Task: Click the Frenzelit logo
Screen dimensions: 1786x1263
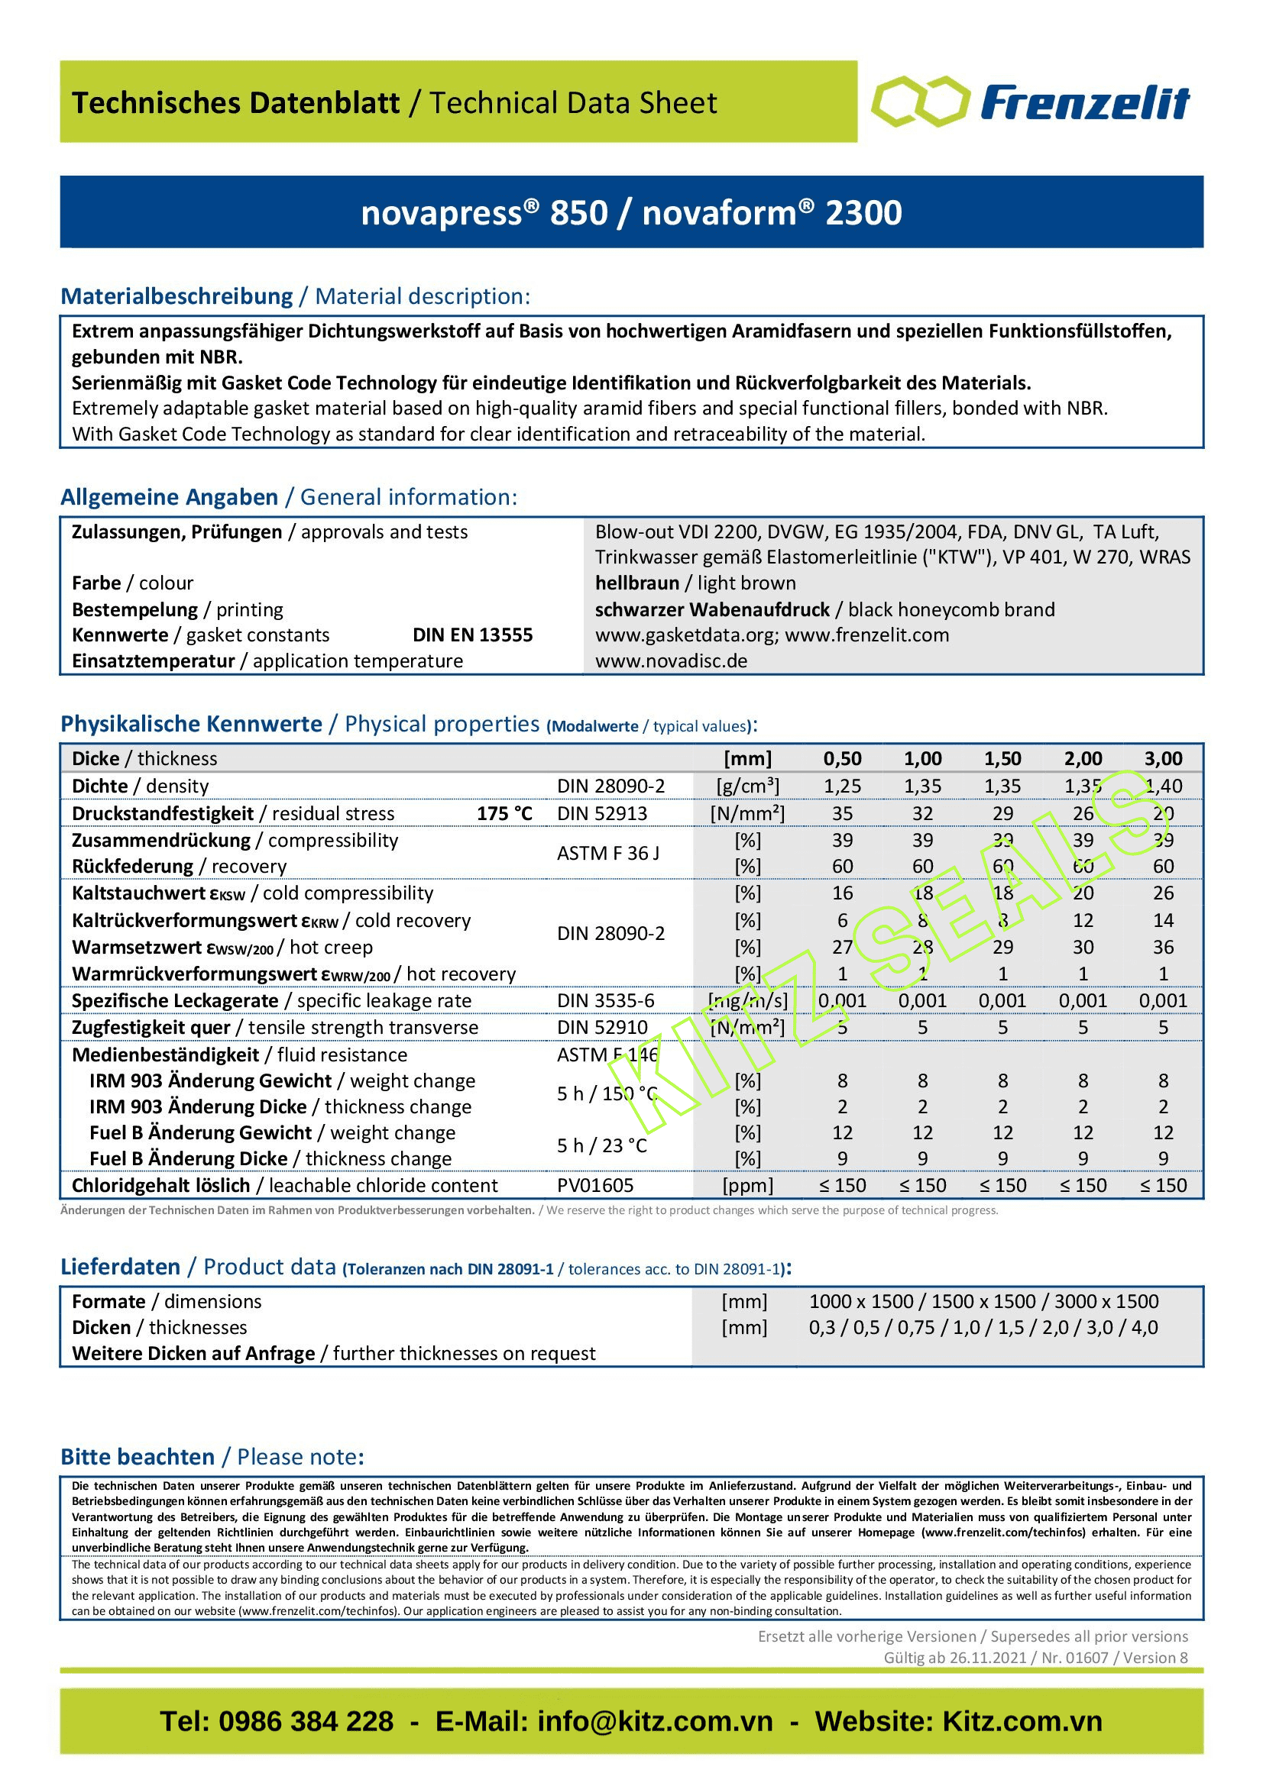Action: point(1030,102)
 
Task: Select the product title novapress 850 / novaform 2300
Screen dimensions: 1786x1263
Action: point(631,212)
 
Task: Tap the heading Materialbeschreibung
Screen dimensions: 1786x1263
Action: point(176,296)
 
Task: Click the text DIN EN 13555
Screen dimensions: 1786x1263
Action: point(472,635)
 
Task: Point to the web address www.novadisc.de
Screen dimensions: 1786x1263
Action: point(671,660)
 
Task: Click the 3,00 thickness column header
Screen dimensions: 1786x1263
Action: point(1163,758)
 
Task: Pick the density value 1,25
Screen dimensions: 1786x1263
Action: point(842,786)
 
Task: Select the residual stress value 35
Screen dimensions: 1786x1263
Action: point(842,813)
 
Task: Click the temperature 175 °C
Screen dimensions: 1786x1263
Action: point(504,813)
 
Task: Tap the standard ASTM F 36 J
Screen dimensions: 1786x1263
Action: point(607,854)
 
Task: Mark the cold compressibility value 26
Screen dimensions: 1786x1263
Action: point(1163,893)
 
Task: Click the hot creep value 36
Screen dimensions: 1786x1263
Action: point(1163,947)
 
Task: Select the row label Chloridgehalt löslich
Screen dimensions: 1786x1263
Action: point(160,1186)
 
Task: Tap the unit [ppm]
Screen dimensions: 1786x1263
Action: point(747,1186)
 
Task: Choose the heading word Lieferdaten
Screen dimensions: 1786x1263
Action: point(121,1268)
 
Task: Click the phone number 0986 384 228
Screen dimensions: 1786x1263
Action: point(306,1721)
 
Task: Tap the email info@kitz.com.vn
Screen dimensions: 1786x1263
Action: point(655,1721)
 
